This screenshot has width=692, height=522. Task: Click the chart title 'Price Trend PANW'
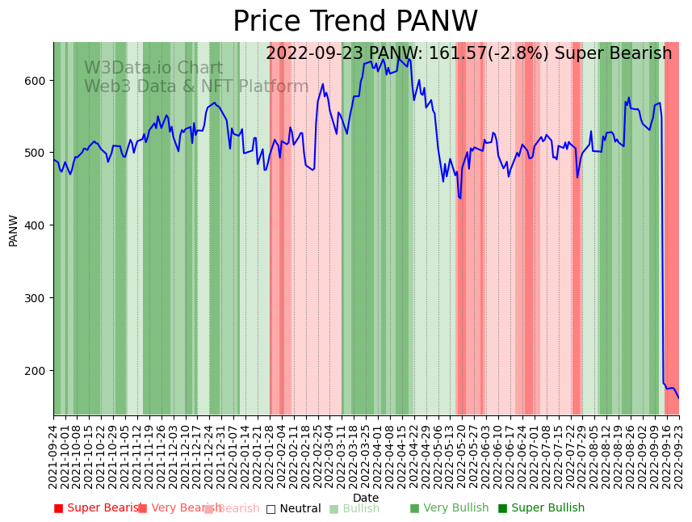pyautogui.click(x=355, y=22)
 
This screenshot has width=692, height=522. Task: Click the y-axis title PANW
pyautogui.click(x=14, y=230)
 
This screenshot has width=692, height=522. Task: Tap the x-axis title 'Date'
pyautogui.click(x=366, y=498)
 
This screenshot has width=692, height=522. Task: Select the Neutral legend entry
pyautogui.click(x=293, y=508)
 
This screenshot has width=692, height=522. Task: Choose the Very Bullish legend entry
pyautogui.click(x=449, y=508)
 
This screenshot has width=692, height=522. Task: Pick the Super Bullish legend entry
pyautogui.click(x=541, y=508)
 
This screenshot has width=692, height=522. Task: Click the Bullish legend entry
pyautogui.click(x=354, y=508)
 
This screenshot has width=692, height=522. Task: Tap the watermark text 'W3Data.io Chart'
pyautogui.click(x=153, y=69)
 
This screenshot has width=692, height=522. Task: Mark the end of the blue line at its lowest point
pyautogui.click(x=678, y=398)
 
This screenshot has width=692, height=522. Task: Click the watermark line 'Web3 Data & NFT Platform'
pyautogui.click(x=196, y=86)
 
